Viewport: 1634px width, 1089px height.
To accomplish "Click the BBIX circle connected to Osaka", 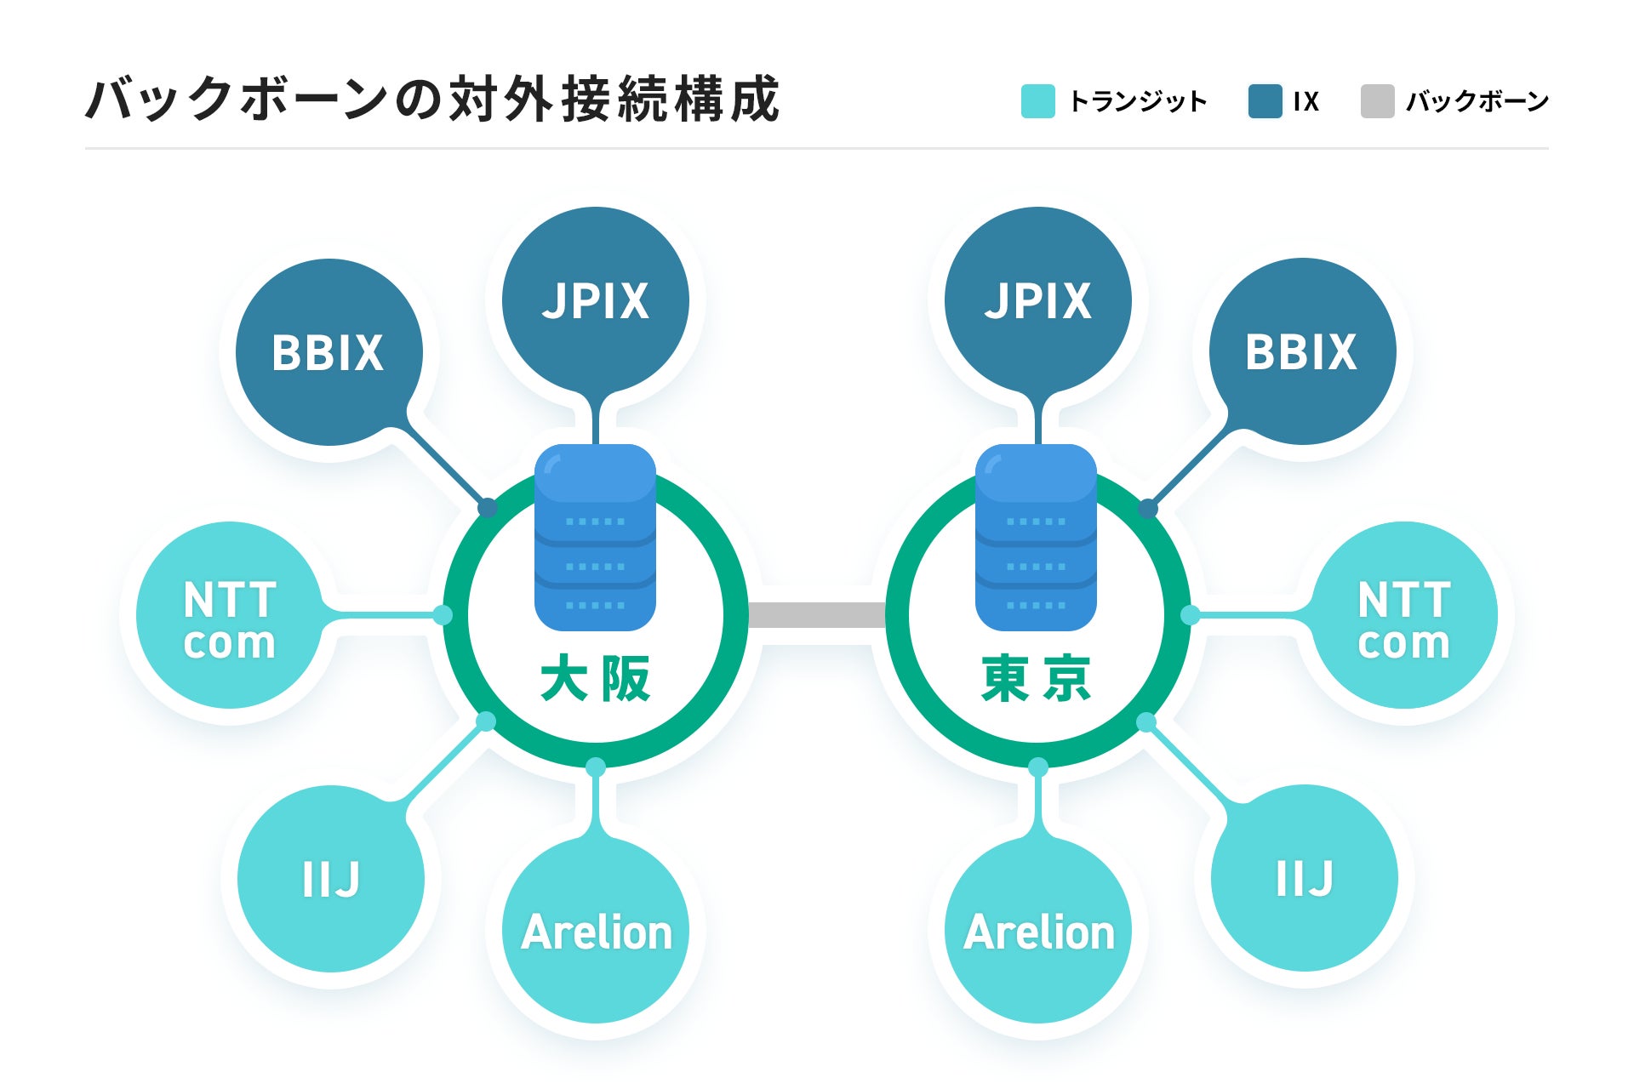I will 329,352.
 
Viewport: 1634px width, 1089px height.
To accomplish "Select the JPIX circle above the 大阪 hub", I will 595,300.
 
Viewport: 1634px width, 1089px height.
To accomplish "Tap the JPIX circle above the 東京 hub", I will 1037,300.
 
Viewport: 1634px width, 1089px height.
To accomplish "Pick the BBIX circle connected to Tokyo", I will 1302,351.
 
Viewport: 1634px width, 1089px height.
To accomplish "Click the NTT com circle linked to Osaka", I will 230,615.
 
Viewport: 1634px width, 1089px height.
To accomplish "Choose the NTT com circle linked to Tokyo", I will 1404,615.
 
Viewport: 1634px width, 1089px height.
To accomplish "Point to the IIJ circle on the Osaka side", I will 331,879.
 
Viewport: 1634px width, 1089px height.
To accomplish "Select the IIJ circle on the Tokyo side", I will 1304,878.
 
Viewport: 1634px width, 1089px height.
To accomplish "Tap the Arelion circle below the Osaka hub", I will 596,931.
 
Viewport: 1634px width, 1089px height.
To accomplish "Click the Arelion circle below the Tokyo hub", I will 1038,931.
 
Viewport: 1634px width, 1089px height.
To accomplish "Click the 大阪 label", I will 595,679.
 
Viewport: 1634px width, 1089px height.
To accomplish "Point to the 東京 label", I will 1037,679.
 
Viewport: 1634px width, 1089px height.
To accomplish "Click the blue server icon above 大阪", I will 595,538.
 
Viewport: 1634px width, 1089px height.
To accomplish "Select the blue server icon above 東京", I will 1036,538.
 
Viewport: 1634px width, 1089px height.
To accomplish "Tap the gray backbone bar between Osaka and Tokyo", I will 817,615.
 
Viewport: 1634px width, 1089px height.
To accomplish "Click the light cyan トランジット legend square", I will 1037,101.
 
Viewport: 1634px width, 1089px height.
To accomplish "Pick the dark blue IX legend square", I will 1265,101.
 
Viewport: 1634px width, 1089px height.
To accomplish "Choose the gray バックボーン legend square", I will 1377,101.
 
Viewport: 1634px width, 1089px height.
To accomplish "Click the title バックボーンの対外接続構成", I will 432,99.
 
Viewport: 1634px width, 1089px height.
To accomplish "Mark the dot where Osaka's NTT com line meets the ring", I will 443,615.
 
